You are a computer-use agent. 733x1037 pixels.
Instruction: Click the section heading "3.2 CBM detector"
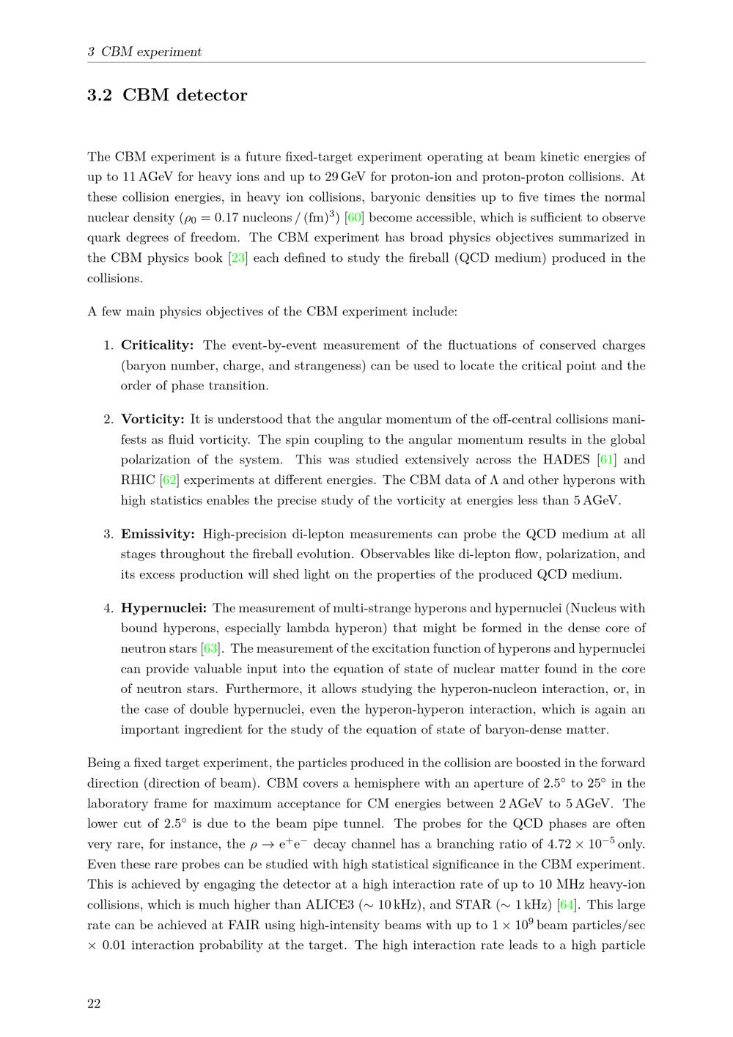pos(167,95)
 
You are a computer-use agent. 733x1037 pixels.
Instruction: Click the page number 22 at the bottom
pos(94,1004)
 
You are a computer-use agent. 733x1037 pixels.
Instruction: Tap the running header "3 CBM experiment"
pos(144,52)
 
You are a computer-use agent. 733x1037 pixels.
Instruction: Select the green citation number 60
pos(355,218)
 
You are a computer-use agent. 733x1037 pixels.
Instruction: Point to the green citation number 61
pos(606,460)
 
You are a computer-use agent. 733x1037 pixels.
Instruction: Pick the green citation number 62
pos(170,480)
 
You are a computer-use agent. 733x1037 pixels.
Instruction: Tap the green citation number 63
pos(210,648)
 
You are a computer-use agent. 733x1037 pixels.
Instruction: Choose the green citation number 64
pos(567,905)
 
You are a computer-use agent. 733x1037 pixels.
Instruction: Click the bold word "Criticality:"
pos(157,345)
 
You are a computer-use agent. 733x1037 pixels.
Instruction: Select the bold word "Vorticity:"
pos(152,419)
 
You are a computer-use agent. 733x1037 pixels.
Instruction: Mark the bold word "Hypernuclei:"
pos(163,608)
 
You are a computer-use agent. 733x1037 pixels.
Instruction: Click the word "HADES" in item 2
pos(566,460)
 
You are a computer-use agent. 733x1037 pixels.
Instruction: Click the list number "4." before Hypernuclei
pos(108,608)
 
